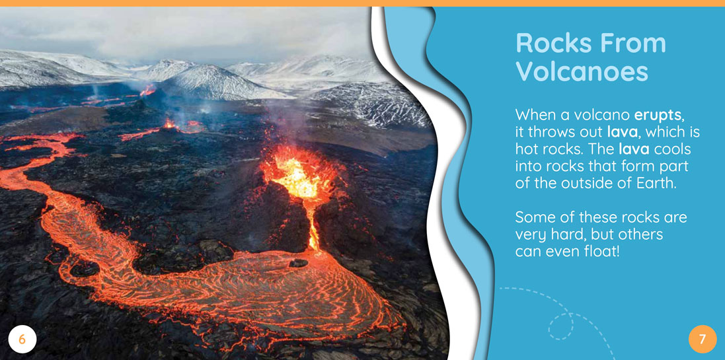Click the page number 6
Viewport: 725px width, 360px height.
(x=21, y=340)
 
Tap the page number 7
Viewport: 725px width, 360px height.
(x=703, y=340)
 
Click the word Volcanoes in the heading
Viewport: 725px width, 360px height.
(x=582, y=71)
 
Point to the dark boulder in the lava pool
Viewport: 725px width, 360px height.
(x=298, y=263)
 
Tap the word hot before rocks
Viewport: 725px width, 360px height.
(x=525, y=149)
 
